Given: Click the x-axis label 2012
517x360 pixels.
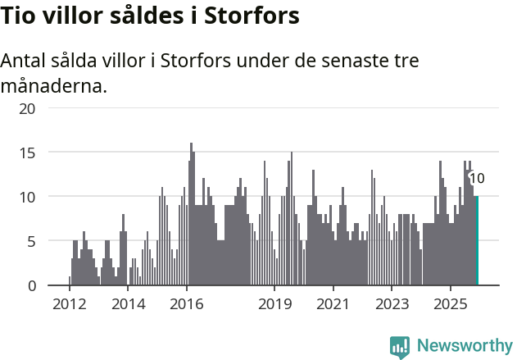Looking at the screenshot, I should (x=70, y=304).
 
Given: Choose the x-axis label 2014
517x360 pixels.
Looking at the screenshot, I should (x=128, y=304).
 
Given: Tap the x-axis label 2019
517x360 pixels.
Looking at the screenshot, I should (x=274, y=304).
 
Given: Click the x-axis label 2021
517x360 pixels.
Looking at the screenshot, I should (x=333, y=304).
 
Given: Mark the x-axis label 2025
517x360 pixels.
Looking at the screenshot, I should (x=450, y=304).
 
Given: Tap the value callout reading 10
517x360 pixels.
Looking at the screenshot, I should (x=477, y=178).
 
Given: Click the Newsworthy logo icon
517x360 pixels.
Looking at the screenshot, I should (x=400, y=347).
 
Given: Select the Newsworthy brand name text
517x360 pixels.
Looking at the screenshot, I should (x=465, y=346).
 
